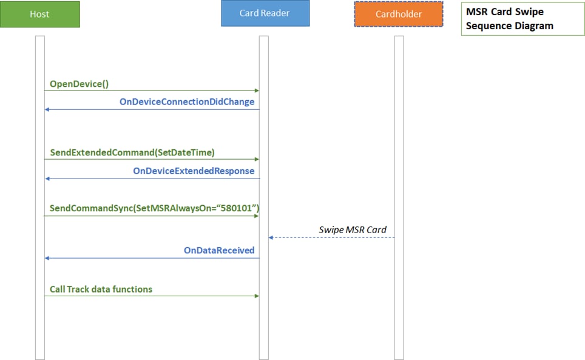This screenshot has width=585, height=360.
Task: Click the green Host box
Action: click(40, 14)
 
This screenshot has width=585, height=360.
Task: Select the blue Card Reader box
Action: click(265, 13)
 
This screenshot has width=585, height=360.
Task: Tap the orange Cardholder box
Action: click(399, 14)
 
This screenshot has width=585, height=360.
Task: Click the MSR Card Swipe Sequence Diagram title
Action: click(510, 19)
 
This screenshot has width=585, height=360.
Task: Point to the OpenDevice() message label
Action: click(79, 84)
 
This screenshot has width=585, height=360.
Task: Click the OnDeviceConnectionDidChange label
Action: click(187, 102)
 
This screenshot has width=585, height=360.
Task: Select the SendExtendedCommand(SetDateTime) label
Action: click(132, 152)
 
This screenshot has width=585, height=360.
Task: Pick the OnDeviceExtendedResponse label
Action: click(194, 171)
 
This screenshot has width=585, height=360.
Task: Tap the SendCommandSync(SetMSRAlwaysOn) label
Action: click(155, 208)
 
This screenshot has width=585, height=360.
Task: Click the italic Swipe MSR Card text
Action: click(353, 230)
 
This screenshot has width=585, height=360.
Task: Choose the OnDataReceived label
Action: click(219, 250)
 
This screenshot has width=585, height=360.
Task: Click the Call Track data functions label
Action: click(101, 290)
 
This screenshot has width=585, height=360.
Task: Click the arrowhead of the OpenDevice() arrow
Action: click(257, 90)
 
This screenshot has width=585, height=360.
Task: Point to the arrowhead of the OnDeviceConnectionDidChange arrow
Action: click(47, 110)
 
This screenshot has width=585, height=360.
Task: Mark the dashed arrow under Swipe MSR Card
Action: click(332, 237)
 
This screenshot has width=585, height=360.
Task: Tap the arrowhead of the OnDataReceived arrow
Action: click(47, 258)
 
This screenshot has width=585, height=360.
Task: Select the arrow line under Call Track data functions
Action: click(152, 296)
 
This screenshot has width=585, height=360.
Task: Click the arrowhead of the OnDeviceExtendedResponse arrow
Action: click(47, 178)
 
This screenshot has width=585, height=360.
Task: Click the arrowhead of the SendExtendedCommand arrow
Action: click(257, 159)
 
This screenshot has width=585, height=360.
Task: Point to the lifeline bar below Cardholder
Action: click(399, 198)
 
